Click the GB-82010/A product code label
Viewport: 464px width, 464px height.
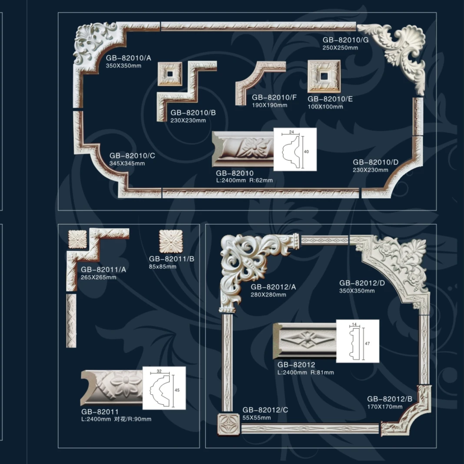point(129,58)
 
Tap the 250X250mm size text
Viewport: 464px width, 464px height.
point(340,48)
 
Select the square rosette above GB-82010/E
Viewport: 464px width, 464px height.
point(324,76)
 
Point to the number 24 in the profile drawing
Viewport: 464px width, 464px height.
point(292,132)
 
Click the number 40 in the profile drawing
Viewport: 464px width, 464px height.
point(306,152)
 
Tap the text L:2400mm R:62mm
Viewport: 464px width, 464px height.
point(245,180)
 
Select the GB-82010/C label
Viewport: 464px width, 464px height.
point(132,156)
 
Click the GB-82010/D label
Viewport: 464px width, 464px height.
point(375,162)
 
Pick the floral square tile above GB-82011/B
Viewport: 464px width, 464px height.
point(171,242)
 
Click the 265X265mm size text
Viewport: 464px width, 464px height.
point(99,277)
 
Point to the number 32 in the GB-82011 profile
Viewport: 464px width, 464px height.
point(159,371)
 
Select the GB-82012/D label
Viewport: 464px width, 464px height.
point(362,283)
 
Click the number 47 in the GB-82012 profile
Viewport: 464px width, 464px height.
point(367,344)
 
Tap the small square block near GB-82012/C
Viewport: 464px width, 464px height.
point(229,424)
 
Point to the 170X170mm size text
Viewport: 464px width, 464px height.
point(384,407)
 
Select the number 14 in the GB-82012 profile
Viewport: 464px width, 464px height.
point(355,325)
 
